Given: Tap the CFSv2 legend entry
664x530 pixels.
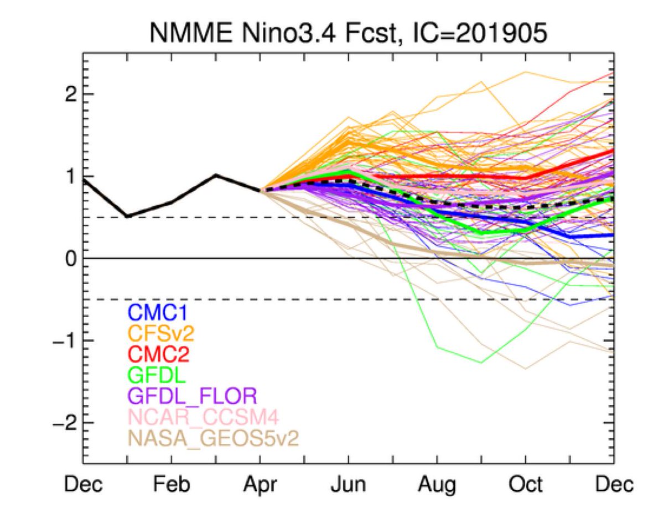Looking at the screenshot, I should [161, 334].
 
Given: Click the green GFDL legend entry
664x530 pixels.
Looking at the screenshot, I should [154, 375].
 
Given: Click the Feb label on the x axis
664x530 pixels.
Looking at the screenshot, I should [172, 485].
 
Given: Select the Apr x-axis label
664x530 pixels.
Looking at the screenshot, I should [260, 485].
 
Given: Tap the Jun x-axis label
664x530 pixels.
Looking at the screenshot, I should [349, 485].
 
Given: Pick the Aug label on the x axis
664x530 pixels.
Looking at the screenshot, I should [437, 485].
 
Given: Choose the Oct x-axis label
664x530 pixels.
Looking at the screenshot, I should [526, 485].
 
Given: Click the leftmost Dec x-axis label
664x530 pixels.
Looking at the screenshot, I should [83, 485].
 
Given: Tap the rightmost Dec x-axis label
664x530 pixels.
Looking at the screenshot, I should [614, 485].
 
